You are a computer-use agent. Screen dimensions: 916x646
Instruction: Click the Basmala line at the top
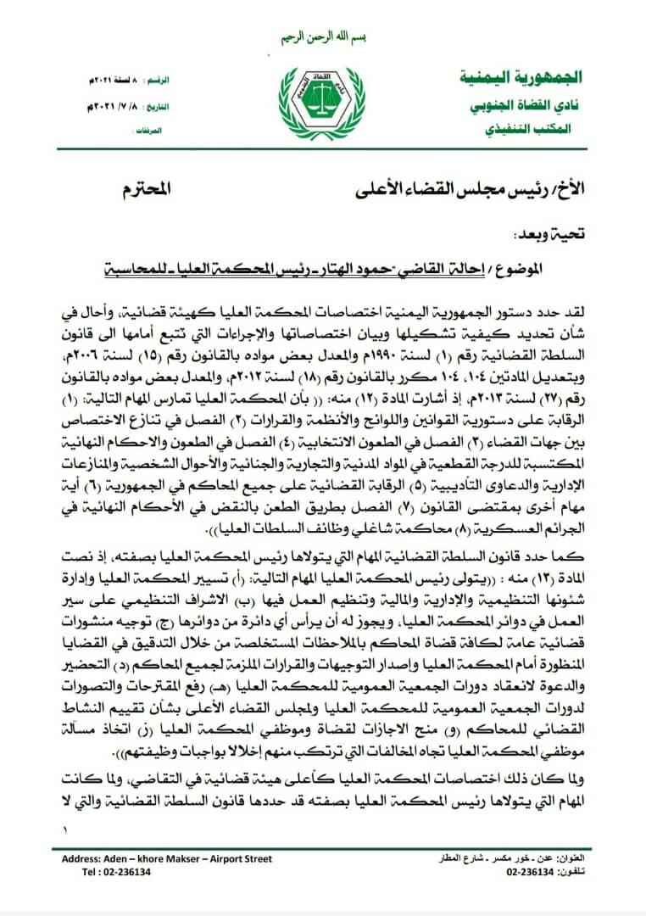322,39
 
